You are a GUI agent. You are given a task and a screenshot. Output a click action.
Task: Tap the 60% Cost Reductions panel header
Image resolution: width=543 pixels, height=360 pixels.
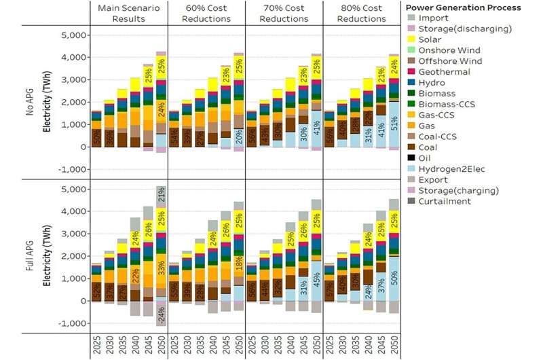point(208,12)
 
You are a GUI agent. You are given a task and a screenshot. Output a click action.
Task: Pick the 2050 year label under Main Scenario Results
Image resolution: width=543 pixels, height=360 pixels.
point(161,345)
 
